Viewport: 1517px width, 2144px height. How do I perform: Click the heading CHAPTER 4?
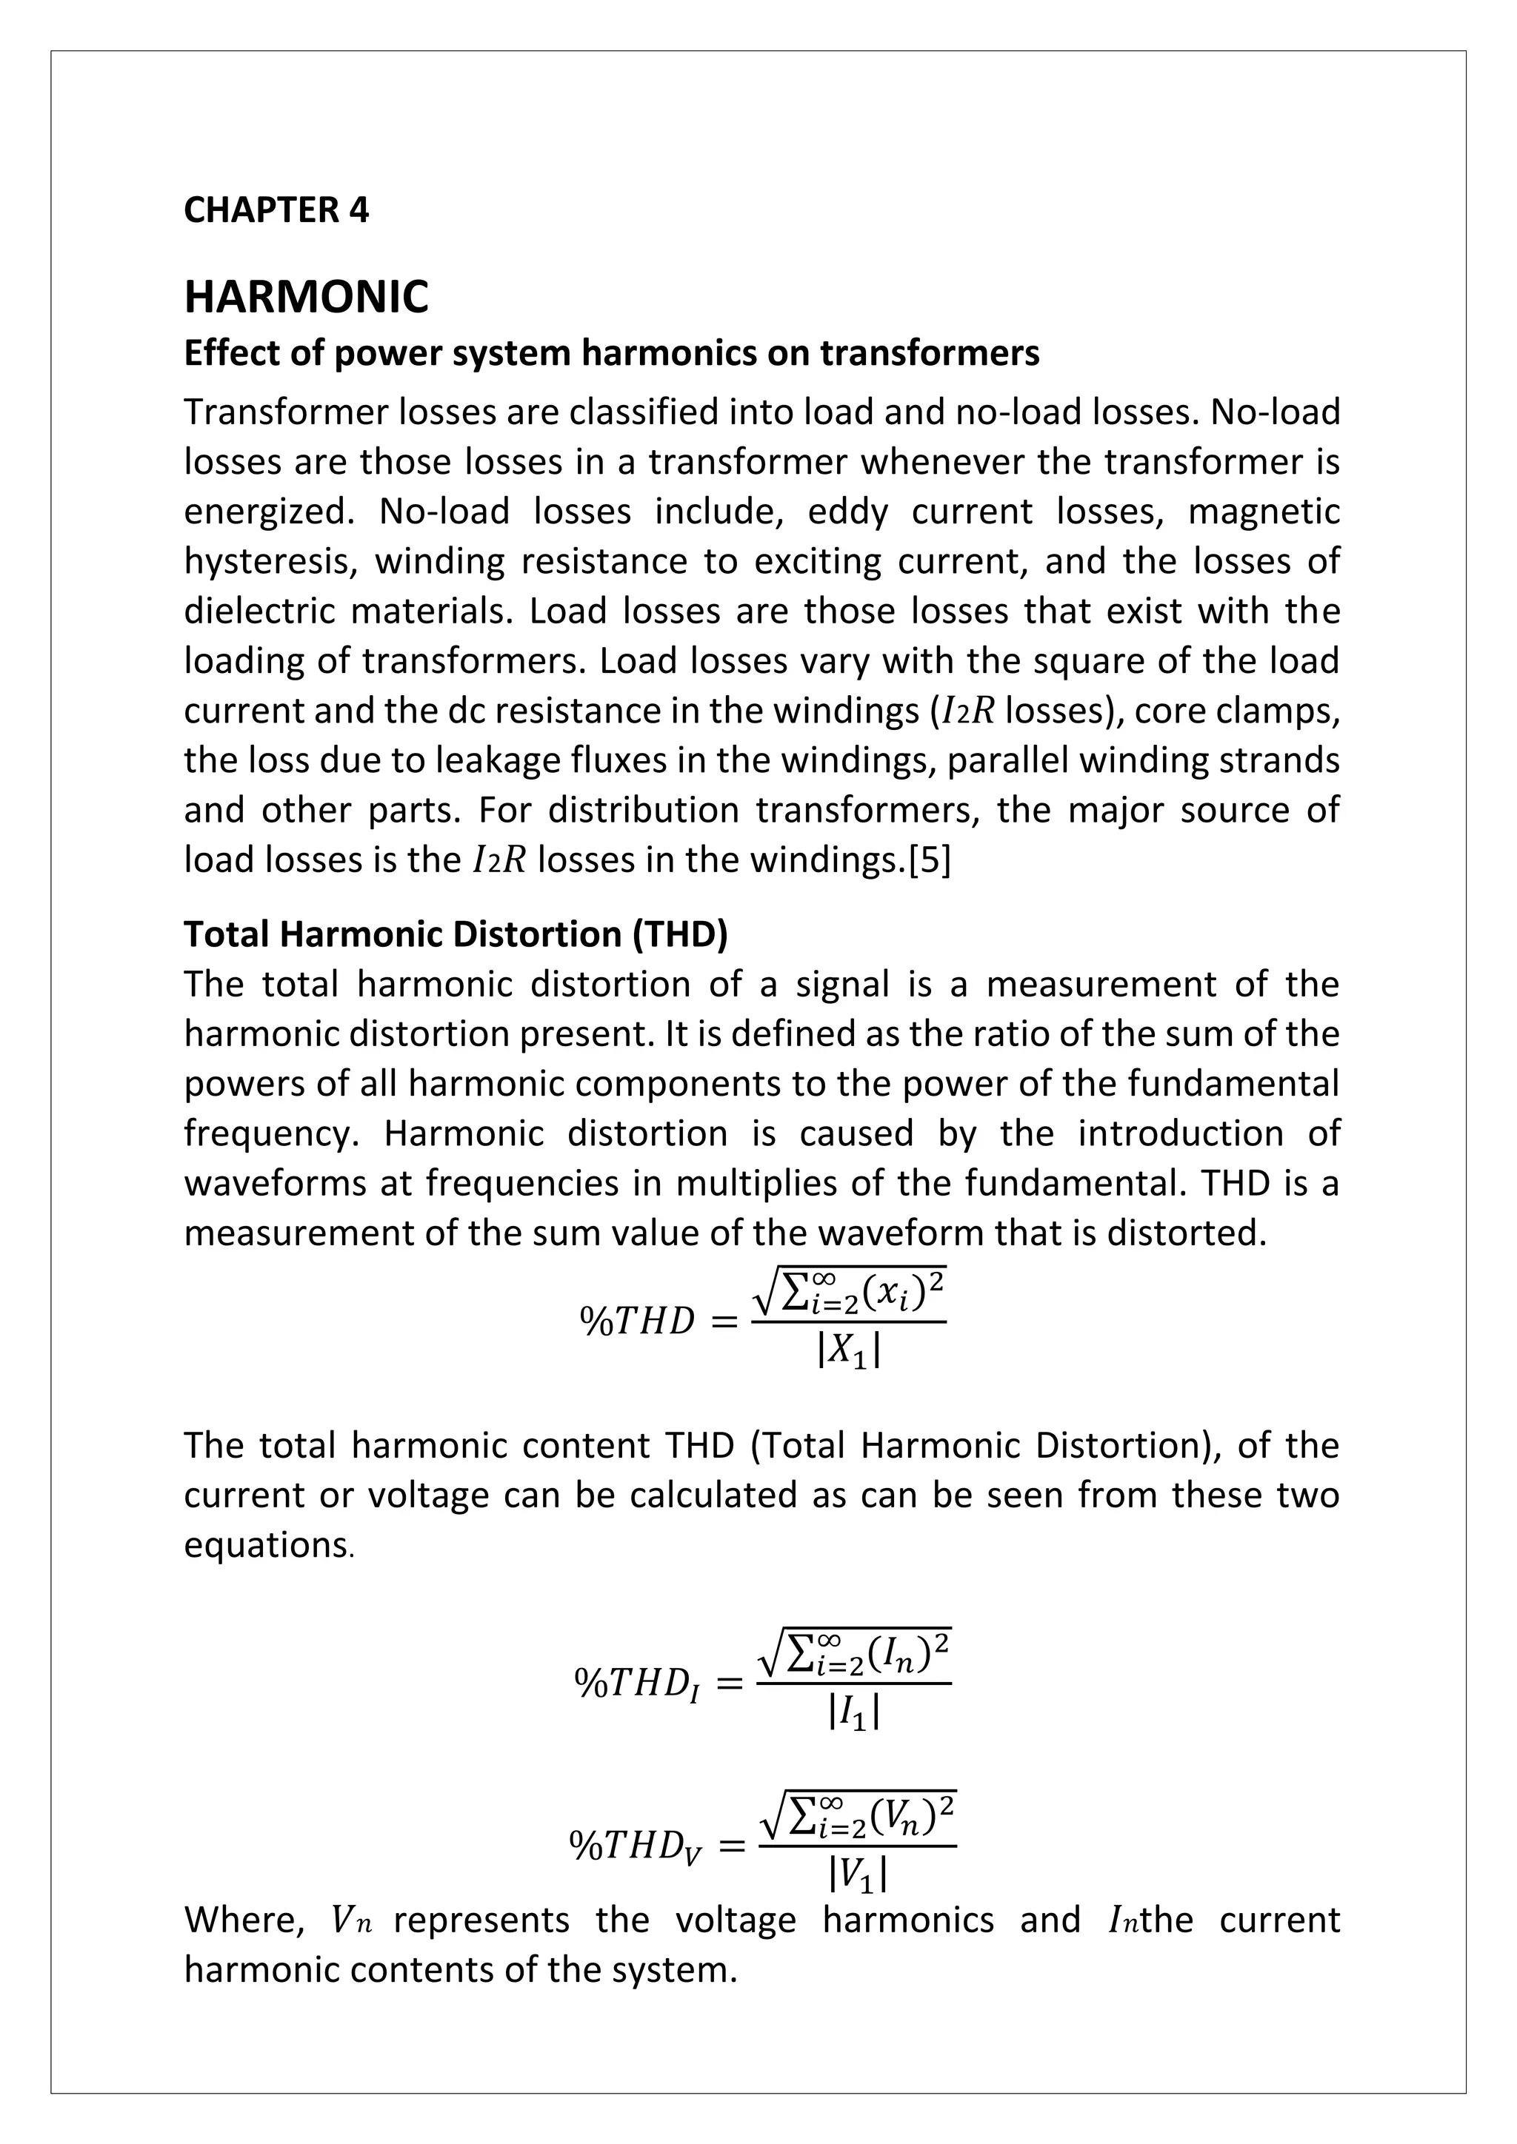click(x=276, y=210)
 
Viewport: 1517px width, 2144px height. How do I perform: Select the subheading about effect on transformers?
click(x=611, y=353)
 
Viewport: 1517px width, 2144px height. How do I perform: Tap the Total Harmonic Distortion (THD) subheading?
click(x=455, y=934)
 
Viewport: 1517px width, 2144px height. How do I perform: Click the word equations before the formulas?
click(x=266, y=1545)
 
